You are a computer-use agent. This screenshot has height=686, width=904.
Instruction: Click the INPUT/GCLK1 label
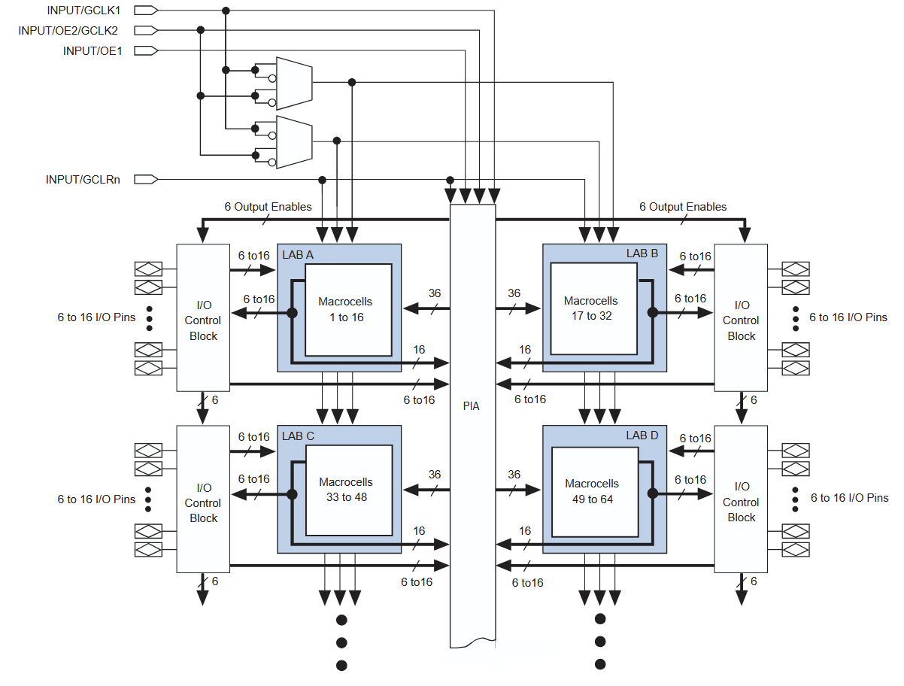pyautogui.click(x=83, y=11)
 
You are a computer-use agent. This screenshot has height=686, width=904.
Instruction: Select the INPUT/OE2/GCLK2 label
pyautogui.click(x=68, y=31)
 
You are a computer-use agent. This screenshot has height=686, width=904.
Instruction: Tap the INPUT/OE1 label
pyautogui.click(x=92, y=51)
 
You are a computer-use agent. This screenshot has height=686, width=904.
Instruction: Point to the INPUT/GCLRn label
pyautogui.click(x=83, y=180)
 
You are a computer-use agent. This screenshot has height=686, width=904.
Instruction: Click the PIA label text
pyautogui.click(x=472, y=406)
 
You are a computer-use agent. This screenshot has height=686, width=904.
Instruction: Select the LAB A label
pyautogui.click(x=298, y=255)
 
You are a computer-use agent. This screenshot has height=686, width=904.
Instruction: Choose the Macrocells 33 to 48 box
pyautogui.click(x=348, y=490)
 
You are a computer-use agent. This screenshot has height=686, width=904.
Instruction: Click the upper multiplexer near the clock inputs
pyautogui.click(x=293, y=81)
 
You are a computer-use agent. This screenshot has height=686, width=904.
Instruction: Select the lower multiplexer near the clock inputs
pyautogui.click(x=293, y=141)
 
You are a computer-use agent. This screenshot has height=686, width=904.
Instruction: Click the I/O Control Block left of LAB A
pyautogui.click(x=203, y=317)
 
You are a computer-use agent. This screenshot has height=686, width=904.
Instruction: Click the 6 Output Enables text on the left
pyautogui.click(x=268, y=206)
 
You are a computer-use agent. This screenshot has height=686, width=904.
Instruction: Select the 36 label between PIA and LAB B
pyautogui.click(x=514, y=293)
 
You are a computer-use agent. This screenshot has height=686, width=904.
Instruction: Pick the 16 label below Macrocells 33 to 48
pyautogui.click(x=419, y=531)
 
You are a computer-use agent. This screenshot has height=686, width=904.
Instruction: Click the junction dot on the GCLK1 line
pyautogui.click(x=225, y=11)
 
